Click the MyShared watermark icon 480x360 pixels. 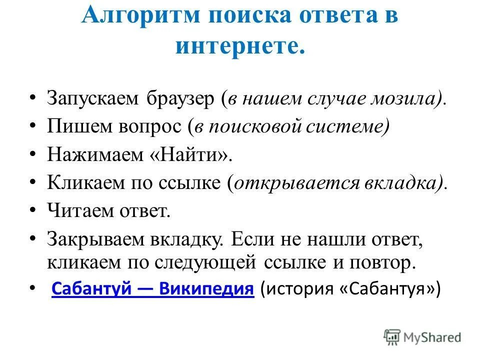point(392,337)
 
